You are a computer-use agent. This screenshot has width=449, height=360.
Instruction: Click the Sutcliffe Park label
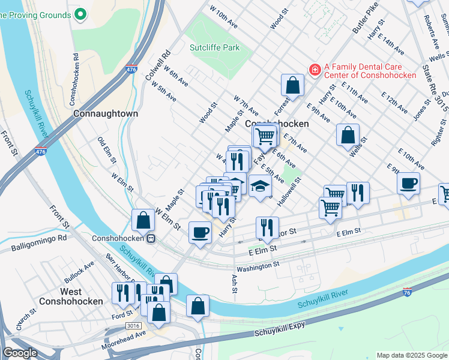[x=214, y=47]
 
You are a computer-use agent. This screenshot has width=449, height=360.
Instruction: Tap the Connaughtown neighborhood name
[x=106, y=113]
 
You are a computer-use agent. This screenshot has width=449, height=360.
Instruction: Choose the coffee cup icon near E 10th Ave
[x=408, y=183]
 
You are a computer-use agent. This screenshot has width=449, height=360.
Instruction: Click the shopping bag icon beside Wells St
[x=348, y=135]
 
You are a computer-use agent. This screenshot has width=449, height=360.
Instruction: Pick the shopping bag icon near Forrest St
[x=292, y=85]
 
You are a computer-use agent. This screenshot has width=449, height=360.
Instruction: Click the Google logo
[x=20, y=353]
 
